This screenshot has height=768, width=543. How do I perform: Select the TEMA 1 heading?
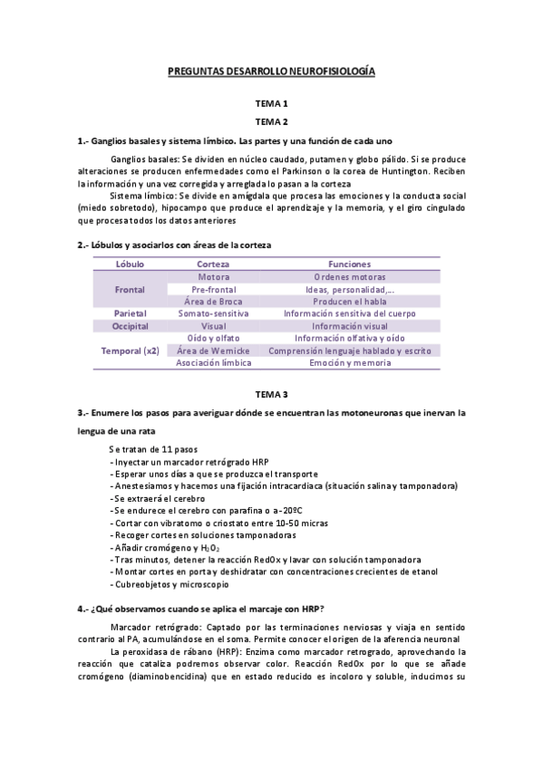coord(271,104)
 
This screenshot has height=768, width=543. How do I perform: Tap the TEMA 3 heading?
coord(271,394)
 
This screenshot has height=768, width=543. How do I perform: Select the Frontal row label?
coord(130,289)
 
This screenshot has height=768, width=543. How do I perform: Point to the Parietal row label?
coord(130,313)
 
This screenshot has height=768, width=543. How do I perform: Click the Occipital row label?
coord(130,326)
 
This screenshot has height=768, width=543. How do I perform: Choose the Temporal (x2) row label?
coord(130,350)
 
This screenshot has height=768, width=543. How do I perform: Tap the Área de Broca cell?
coord(213,301)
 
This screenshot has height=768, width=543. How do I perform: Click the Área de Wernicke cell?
coord(213,350)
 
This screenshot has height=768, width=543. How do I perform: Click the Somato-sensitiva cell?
coord(213,313)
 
